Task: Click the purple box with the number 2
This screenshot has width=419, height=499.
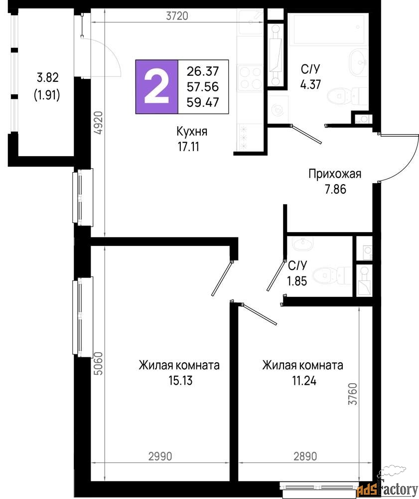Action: coord(156,86)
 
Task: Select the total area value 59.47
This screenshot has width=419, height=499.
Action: coord(203,102)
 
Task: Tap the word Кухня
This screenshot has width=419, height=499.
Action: coord(192,131)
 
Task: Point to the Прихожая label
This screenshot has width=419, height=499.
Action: coord(335,174)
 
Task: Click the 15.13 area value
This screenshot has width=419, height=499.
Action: coord(180,380)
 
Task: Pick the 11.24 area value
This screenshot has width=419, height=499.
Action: coord(304,381)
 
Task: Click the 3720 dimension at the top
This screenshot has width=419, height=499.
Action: coord(177,16)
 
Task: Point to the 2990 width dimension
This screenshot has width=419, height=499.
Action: coord(160,457)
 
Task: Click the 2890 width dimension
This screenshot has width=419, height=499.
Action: coord(305,457)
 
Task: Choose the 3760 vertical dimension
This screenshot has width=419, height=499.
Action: coord(353,394)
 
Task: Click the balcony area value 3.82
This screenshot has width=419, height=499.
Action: coord(48,77)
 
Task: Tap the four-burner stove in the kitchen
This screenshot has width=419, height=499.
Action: coord(251,78)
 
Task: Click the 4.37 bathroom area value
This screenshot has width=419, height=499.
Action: coord(310,84)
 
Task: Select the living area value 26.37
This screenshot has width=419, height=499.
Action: coord(203,71)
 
